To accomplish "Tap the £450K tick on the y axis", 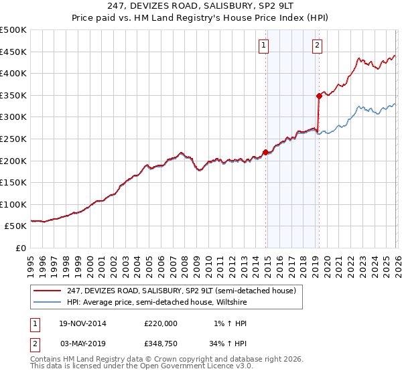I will (x=13, y=52).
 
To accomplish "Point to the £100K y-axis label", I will (x=13, y=204).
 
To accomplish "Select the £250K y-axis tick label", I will (x=13, y=139).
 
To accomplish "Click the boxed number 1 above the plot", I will (x=263, y=46).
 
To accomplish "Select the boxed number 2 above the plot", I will (x=316, y=46).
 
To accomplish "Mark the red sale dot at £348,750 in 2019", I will (x=319, y=96).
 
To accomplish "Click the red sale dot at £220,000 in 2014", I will (x=266, y=152).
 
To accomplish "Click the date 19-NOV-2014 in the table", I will (x=78, y=323).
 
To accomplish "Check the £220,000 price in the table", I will (x=160, y=323).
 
